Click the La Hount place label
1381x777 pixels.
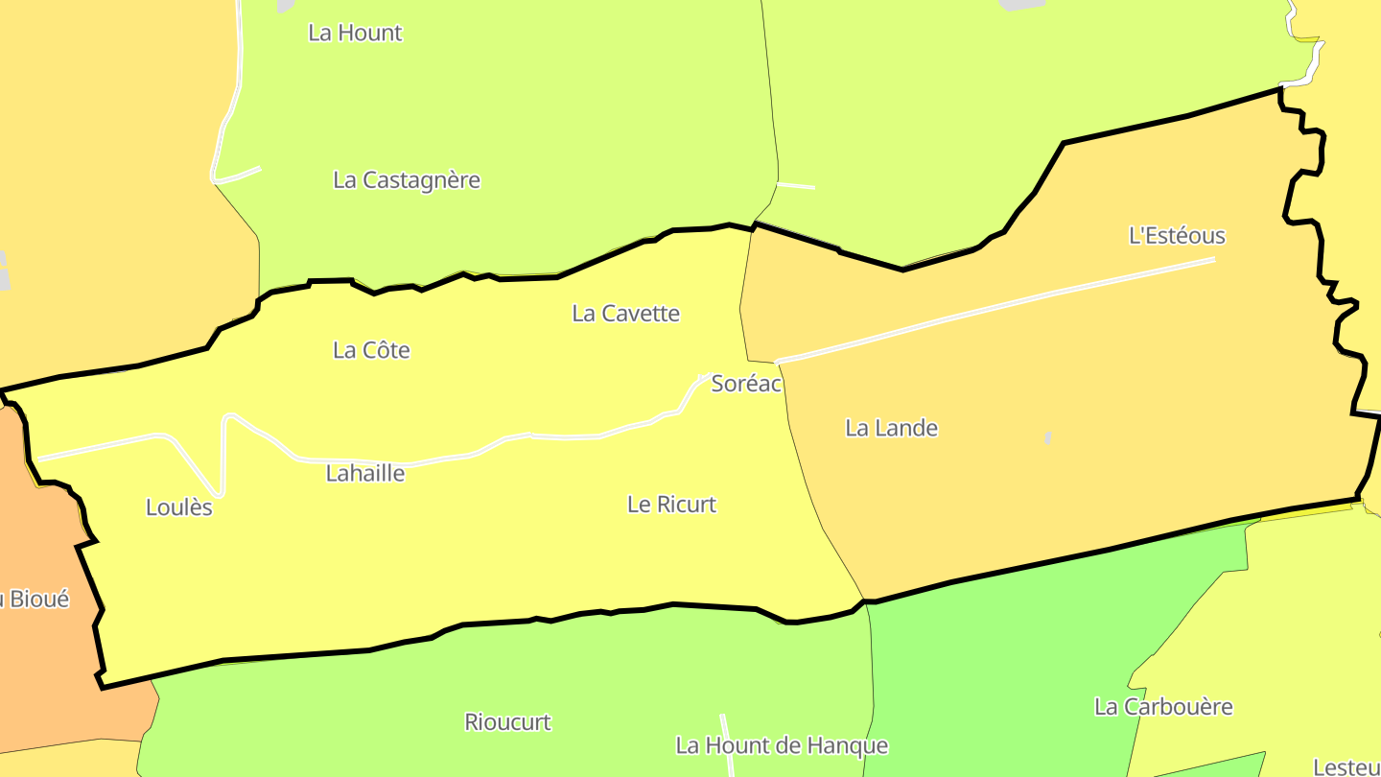pyautogui.click(x=355, y=33)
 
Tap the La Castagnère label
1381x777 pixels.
pyautogui.click(x=407, y=180)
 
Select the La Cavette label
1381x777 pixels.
pyautogui.click(x=625, y=314)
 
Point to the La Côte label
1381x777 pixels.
pyautogui.click(x=371, y=351)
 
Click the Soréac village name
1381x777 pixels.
pyautogui.click(x=746, y=385)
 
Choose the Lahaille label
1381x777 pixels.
pyautogui.click(x=365, y=474)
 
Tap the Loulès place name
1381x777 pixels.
pyautogui.click(x=179, y=508)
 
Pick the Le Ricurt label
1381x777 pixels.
pyautogui.click(x=671, y=505)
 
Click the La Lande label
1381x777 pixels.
pyautogui.click(x=891, y=429)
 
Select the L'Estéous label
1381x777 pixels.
pyautogui.click(x=1177, y=236)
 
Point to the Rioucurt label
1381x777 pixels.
pyautogui.click(x=507, y=722)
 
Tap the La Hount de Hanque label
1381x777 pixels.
pyautogui.click(x=782, y=746)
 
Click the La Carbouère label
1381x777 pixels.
pyautogui.click(x=1163, y=707)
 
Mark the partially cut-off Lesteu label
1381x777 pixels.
pyautogui.click(x=1346, y=767)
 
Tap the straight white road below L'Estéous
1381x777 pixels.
pyautogui.click(x=997, y=309)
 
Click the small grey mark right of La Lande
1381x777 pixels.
pyautogui.click(x=1048, y=437)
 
